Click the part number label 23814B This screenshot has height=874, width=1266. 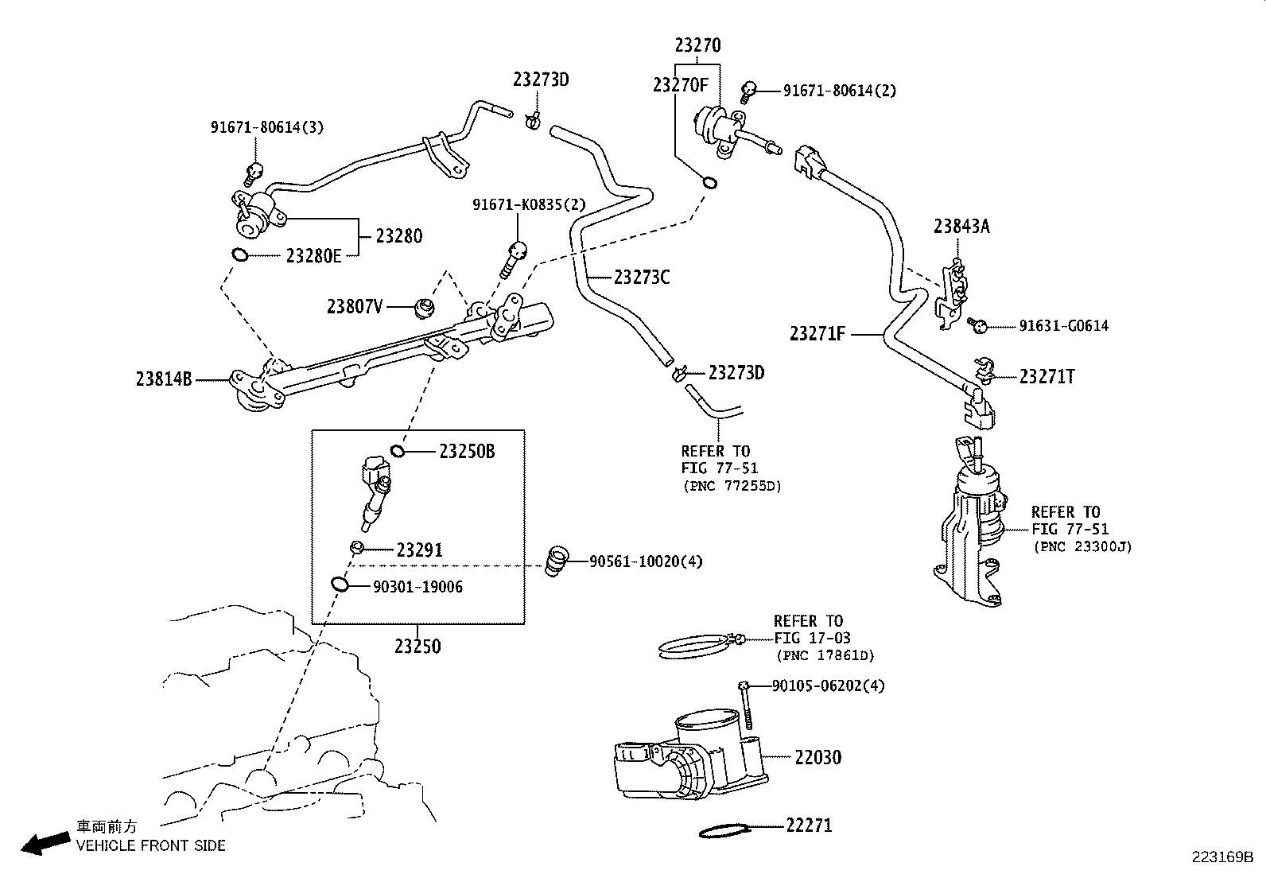(x=164, y=380)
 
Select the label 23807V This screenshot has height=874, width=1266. (x=355, y=306)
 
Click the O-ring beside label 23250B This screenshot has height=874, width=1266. (x=398, y=452)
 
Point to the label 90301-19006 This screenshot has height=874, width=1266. (x=417, y=587)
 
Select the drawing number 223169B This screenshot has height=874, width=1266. (x=1221, y=857)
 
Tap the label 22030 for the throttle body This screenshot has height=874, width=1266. (x=817, y=757)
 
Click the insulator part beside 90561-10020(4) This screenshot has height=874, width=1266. (x=557, y=561)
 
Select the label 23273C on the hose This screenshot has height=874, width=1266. (x=642, y=278)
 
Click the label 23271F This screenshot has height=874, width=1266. (x=817, y=333)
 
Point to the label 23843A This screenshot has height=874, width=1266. (x=961, y=227)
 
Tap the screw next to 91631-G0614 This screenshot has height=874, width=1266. (x=979, y=324)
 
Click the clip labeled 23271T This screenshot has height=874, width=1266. (x=983, y=368)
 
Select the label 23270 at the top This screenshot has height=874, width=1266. (x=697, y=45)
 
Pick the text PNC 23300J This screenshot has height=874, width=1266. (x=1082, y=546)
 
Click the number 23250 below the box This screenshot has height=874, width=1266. (x=417, y=645)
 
